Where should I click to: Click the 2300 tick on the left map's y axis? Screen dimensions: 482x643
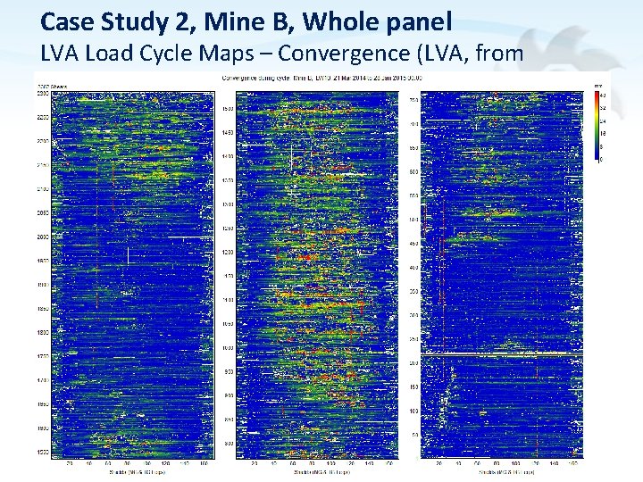tap(42, 94)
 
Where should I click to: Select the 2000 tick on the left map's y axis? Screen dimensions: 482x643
tap(42, 237)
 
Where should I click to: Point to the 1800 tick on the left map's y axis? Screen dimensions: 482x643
tap(42, 333)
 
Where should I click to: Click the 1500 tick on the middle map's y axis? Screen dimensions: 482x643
tap(228, 109)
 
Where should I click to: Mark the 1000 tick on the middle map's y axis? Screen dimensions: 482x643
tap(228, 347)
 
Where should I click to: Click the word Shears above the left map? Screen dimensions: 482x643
tap(62, 86)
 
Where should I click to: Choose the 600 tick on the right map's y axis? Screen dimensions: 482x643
tap(413, 171)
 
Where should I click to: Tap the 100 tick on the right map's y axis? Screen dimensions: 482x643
tap(413, 411)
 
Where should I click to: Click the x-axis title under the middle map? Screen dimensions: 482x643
tap(317, 472)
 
